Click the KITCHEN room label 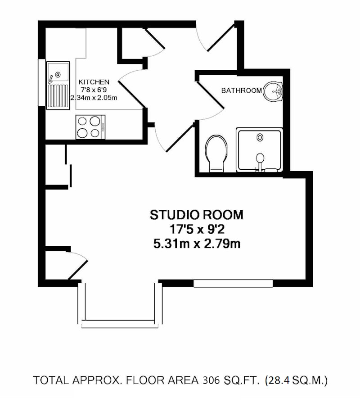[94, 82]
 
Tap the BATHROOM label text [242, 90]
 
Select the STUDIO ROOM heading [197, 215]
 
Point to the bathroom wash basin [273, 91]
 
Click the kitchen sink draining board [58, 96]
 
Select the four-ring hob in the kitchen [90, 127]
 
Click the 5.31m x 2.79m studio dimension [197, 244]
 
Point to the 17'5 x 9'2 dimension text [197, 230]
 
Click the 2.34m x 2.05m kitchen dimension [94, 98]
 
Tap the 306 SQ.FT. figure [231, 380]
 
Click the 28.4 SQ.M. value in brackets [296, 380]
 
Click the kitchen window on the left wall [41, 82]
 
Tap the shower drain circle [260, 137]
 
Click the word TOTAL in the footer [51, 380]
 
